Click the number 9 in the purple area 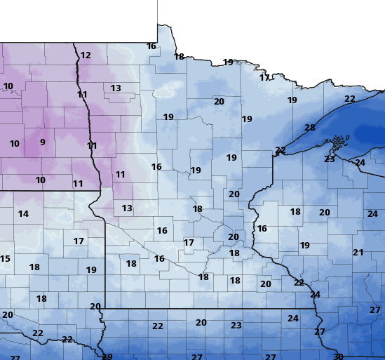point(42,142)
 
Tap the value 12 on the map point(86,55)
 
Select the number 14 point(23,214)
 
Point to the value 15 point(5,259)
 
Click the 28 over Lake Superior point(310,128)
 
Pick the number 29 point(107,356)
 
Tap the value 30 point(338,356)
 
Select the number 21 point(358,253)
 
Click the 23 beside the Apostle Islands point(330,159)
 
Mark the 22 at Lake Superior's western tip point(281,150)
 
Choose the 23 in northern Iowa point(236,326)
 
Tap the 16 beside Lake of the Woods point(151,46)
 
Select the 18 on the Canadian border point(179,57)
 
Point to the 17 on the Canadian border point(264,78)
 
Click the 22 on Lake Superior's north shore point(350,99)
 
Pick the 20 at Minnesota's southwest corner point(95,307)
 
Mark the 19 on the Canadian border point(228,62)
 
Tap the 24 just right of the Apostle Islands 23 point(360,163)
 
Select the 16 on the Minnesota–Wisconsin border point(262,229)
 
